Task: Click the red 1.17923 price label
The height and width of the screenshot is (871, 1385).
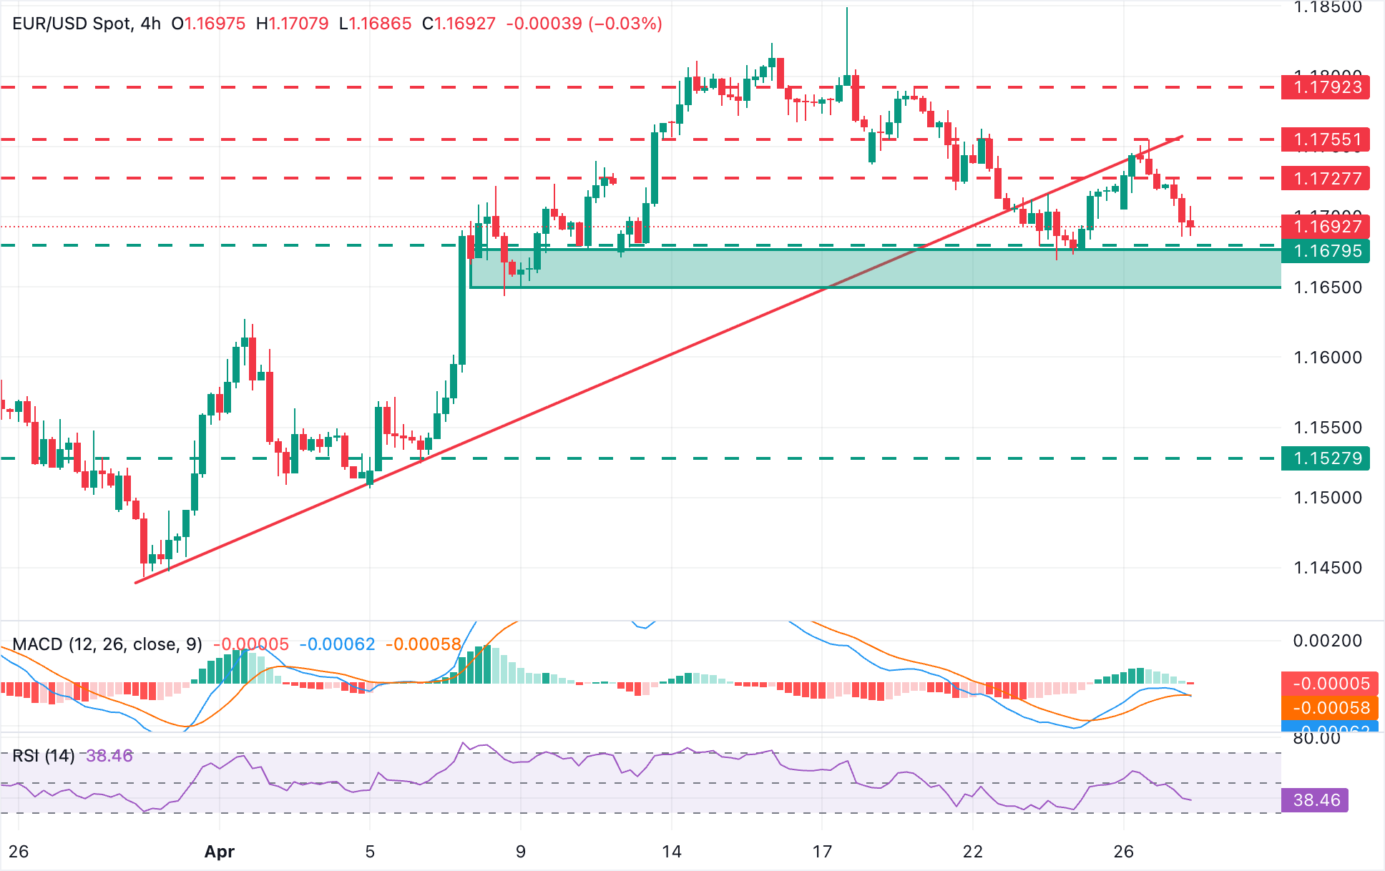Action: (1327, 87)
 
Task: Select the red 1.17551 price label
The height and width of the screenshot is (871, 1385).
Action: (1327, 139)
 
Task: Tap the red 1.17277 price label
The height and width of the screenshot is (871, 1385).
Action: (1327, 178)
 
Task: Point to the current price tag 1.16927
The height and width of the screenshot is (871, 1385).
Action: (1327, 227)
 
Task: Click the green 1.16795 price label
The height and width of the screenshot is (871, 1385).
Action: (1327, 251)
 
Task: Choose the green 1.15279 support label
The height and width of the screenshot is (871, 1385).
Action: (1327, 458)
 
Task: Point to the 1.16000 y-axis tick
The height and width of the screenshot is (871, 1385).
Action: (1327, 358)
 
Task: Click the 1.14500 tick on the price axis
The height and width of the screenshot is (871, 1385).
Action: (1327, 568)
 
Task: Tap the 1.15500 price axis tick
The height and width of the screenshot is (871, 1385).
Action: (1327, 428)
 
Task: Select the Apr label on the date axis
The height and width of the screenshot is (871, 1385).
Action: (219, 852)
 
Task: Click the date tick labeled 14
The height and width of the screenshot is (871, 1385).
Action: (671, 852)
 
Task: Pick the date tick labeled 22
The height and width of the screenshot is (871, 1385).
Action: (972, 852)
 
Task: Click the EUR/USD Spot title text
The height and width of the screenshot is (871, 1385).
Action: (72, 24)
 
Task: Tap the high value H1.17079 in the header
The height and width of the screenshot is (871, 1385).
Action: (292, 24)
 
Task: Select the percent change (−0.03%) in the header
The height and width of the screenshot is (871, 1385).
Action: (625, 24)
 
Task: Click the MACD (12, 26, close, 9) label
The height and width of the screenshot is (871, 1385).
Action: (107, 644)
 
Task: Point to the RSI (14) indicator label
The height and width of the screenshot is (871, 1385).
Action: (43, 756)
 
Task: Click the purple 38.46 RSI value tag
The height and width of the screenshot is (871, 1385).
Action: (1316, 800)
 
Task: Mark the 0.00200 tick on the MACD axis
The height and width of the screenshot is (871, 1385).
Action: (1327, 641)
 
